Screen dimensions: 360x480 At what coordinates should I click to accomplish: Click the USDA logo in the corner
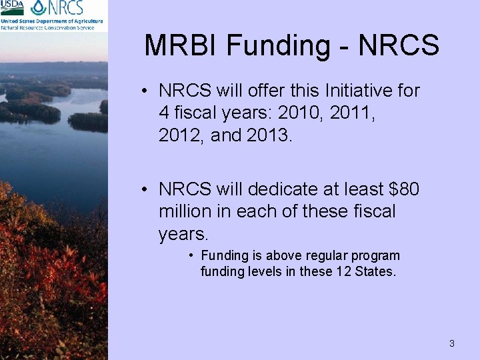pos(13,7)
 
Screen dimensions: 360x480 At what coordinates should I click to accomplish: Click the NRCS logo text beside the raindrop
pos(65,8)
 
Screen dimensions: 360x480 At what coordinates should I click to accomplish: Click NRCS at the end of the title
pos(399,45)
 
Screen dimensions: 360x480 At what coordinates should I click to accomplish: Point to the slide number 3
pos(451,343)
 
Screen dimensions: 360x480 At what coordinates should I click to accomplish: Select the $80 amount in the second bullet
pos(402,190)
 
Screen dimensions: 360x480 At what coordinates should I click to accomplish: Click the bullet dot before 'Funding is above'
pos(191,255)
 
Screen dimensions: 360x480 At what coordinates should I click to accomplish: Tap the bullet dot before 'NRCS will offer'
pos(145,91)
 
